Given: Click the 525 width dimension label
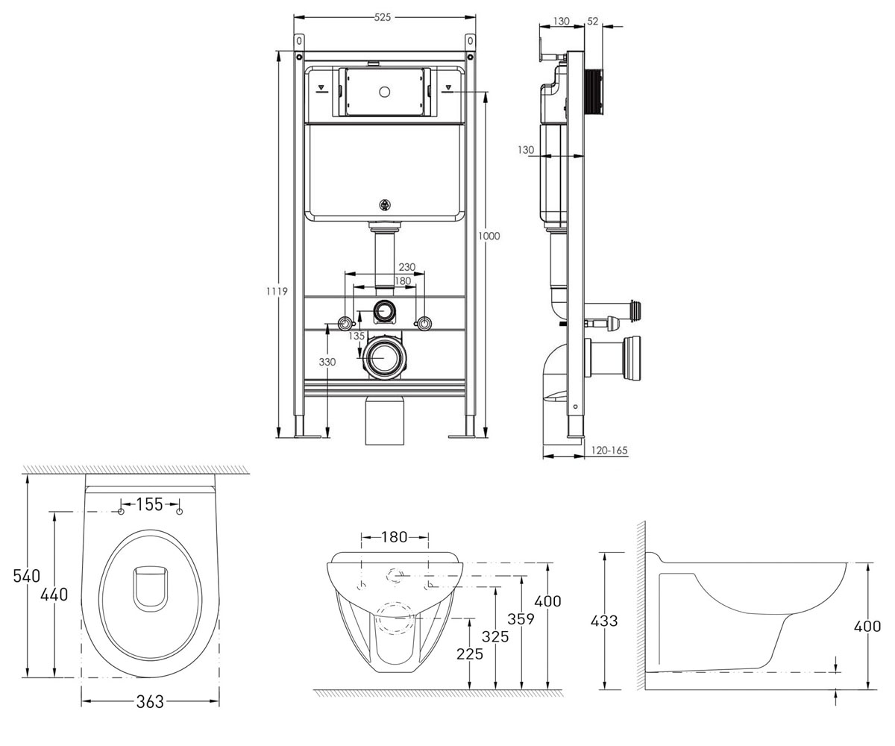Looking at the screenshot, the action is pyautogui.click(x=383, y=18).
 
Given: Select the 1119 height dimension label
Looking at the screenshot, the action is pyautogui.click(x=277, y=292).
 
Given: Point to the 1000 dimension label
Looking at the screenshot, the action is pyautogui.click(x=489, y=236).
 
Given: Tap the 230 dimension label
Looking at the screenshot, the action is pyautogui.click(x=406, y=267).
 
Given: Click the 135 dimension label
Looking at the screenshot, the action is pyautogui.click(x=357, y=336).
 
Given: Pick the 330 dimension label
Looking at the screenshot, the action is pyautogui.click(x=327, y=363).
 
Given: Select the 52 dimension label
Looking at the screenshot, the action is pyautogui.click(x=592, y=21).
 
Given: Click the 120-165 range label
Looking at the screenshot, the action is pyautogui.click(x=609, y=450).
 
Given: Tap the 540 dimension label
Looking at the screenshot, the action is pyautogui.click(x=27, y=576).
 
